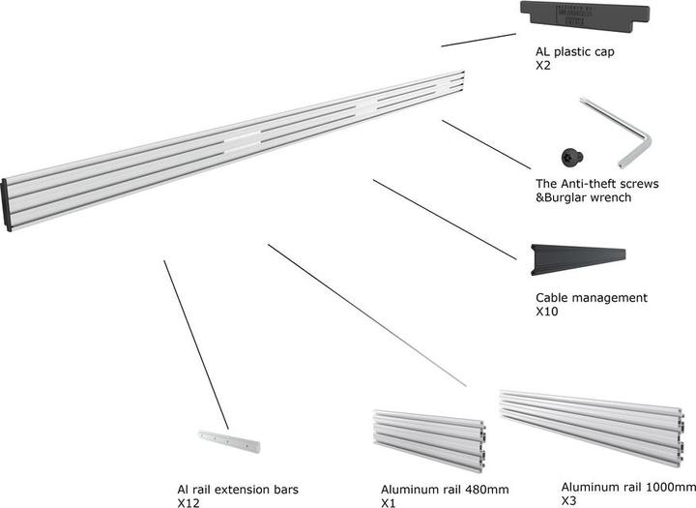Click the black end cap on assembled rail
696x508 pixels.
click(x=8, y=205)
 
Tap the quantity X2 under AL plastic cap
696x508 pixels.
click(x=543, y=69)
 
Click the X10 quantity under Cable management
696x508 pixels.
click(x=547, y=313)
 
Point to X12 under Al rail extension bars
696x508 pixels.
click(x=188, y=504)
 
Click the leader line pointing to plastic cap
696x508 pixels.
click(x=478, y=40)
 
